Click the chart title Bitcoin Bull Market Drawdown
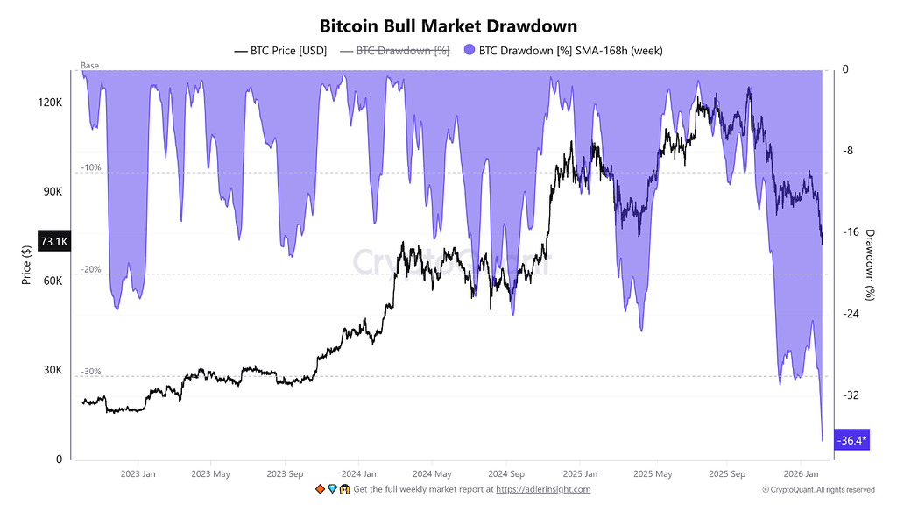tap(448, 26)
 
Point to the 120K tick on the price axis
tap(50, 103)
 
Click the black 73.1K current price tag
tap(53, 241)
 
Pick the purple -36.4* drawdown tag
tap(852, 440)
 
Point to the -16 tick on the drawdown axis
tap(851, 232)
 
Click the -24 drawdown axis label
tap(851, 314)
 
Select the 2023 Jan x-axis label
tap(138, 474)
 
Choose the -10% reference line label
tap(91, 167)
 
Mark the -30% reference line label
tap(91, 372)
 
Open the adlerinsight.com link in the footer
tap(543, 489)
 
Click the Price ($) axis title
tap(26, 264)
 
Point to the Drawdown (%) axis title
tap(870, 262)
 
